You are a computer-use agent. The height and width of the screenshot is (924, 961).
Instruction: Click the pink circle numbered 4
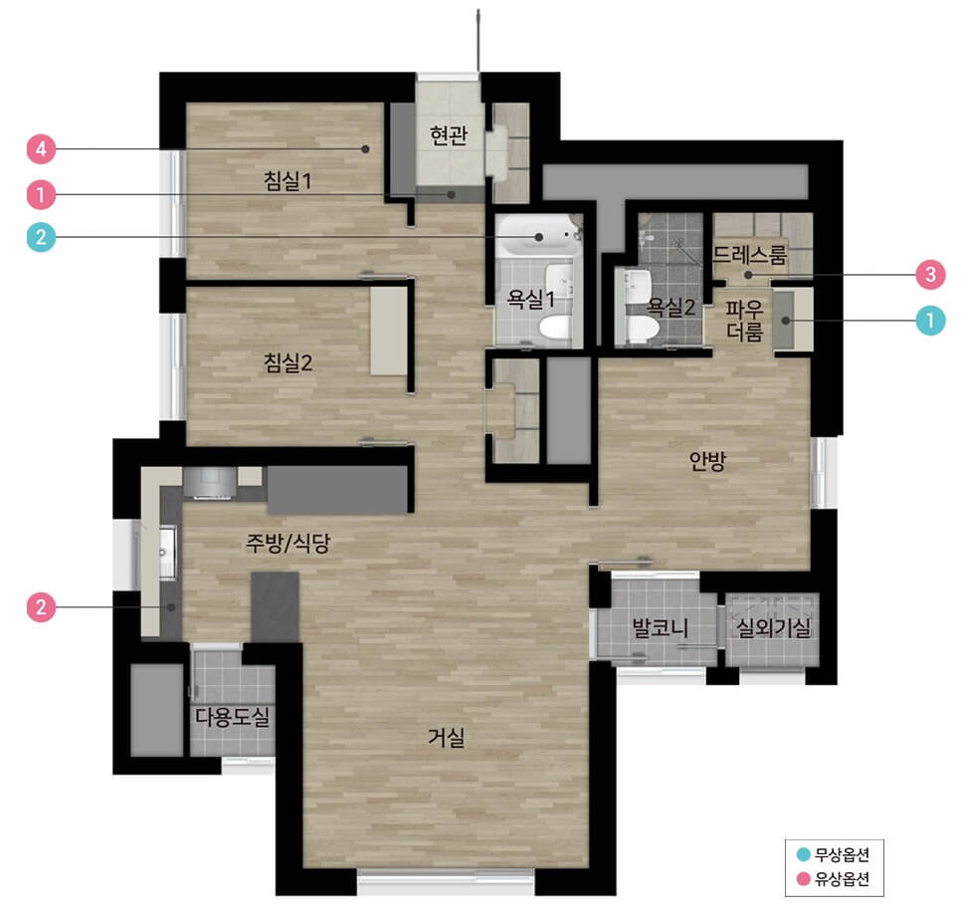(x=41, y=149)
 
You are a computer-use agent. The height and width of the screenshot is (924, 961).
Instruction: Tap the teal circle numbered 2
(x=41, y=237)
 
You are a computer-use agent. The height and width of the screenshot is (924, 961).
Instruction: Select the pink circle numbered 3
(x=930, y=274)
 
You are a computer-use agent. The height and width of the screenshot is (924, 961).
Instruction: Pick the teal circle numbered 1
(x=930, y=321)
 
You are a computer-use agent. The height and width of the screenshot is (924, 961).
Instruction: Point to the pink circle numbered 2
(x=41, y=607)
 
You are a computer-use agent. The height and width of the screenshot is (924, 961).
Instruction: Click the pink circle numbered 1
(x=41, y=195)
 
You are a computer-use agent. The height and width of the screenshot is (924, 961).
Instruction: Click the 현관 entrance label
(x=449, y=135)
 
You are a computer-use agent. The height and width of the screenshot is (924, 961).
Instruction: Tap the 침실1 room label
(x=288, y=180)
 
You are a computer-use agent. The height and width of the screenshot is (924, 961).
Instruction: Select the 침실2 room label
(x=288, y=362)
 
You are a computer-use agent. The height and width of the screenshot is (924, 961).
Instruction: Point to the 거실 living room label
(x=446, y=737)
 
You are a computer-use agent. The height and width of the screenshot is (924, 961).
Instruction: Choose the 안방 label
(x=707, y=460)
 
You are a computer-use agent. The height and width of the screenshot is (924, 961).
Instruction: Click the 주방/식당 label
(x=288, y=543)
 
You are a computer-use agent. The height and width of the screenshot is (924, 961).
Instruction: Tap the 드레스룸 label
(x=749, y=254)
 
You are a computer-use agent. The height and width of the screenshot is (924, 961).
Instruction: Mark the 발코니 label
(x=660, y=627)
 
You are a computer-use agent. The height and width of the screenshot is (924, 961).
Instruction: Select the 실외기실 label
(x=773, y=627)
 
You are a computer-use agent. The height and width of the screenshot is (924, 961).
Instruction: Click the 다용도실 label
(x=232, y=716)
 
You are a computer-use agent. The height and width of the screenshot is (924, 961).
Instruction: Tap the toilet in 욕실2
(x=642, y=330)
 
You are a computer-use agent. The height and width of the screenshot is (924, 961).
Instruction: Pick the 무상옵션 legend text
(x=842, y=854)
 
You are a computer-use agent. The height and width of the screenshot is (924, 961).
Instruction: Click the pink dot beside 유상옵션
(x=803, y=879)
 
